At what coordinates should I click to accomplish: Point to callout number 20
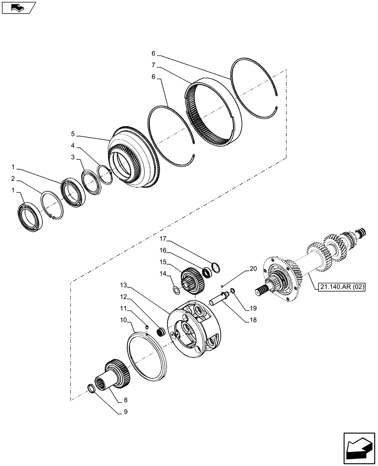pos(253,269)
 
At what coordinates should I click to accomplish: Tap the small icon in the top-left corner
pos(19,7)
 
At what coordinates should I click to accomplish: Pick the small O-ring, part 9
pos(93,388)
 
